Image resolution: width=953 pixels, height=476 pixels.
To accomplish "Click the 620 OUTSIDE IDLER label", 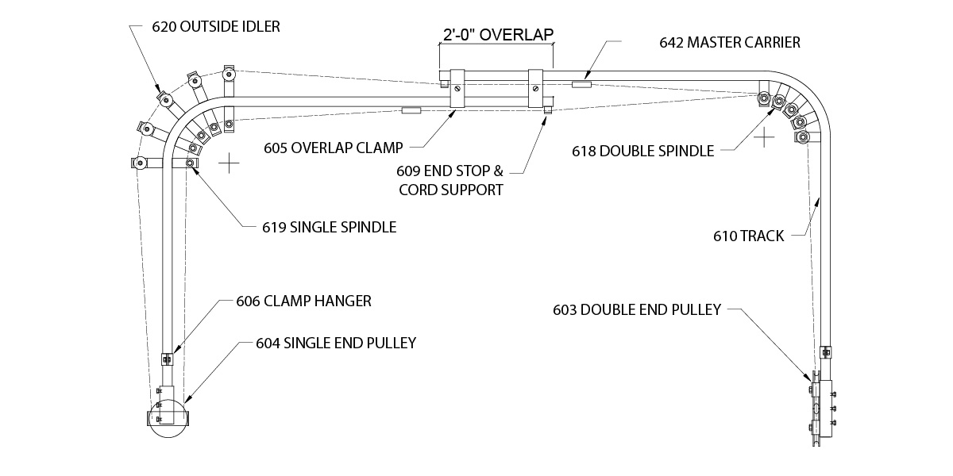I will (215, 26).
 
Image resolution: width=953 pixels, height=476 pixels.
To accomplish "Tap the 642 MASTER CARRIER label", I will (730, 43).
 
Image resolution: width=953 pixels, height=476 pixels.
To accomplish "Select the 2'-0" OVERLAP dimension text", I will (497, 34).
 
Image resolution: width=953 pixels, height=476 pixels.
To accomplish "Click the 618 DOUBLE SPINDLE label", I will (642, 151).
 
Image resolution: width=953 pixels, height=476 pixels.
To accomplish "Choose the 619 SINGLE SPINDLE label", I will (329, 227).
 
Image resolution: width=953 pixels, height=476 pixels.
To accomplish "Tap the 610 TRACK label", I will (749, 236).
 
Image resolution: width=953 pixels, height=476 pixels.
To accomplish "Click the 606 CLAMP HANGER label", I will (303, 301).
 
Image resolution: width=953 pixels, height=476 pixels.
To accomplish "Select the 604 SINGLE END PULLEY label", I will (336, 343).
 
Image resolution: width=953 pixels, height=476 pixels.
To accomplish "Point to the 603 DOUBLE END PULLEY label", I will (637, 309).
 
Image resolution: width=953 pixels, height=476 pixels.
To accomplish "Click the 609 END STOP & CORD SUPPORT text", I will (450, 179).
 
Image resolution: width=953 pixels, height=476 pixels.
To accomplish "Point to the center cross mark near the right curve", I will (764, 138).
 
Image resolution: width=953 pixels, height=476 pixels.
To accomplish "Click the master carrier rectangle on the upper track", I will (581, 83).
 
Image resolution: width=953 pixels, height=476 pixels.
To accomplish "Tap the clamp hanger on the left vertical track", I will (166, 358).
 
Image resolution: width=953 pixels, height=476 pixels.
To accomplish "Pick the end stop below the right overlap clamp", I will (547, 110).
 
